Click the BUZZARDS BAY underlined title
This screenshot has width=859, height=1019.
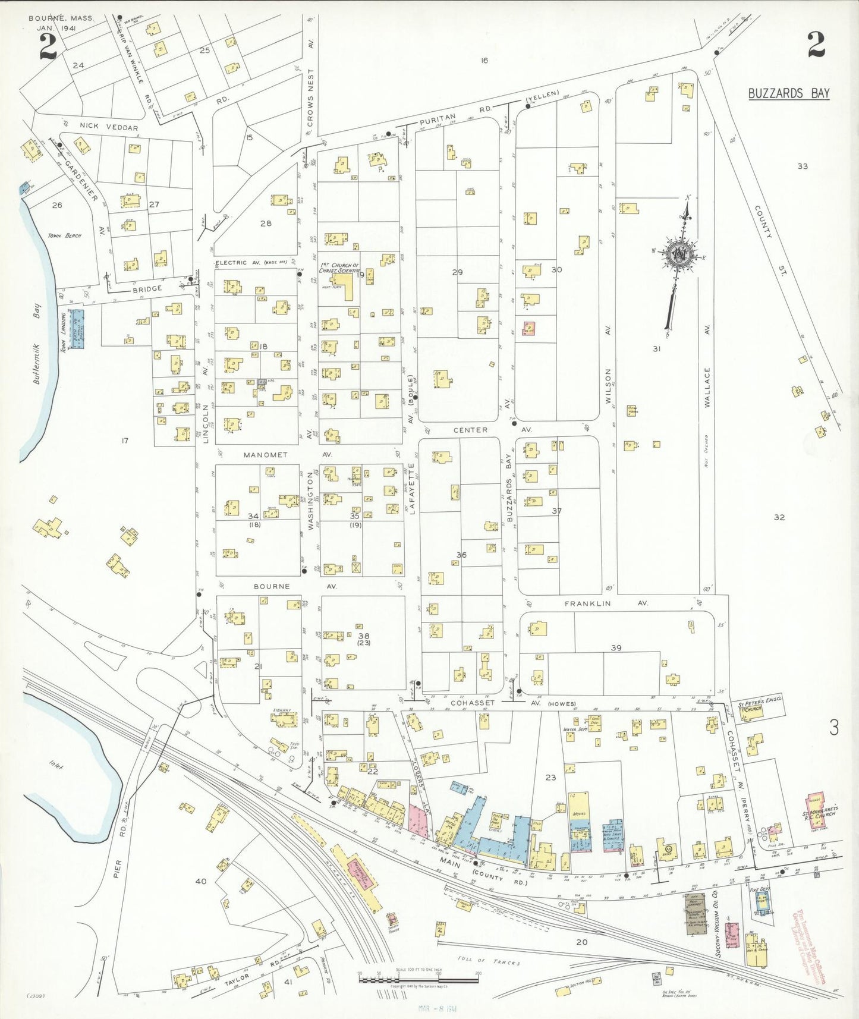[x=788, y=93]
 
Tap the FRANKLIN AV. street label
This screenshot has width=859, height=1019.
[x=606, y=603]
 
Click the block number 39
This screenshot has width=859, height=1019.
[x=616, y=647]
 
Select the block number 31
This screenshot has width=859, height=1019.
[x=656, y=349]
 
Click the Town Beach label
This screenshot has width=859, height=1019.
[x=65, y=235]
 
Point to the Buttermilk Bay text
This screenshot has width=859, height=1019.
[x=37, y=344]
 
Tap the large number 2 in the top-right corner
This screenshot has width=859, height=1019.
[x=816, y=45]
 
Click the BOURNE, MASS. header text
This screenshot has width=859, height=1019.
[x=61, y=18]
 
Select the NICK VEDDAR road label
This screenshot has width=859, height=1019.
[x=108, y=127]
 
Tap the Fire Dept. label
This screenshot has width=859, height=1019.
[x=760, y=890]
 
